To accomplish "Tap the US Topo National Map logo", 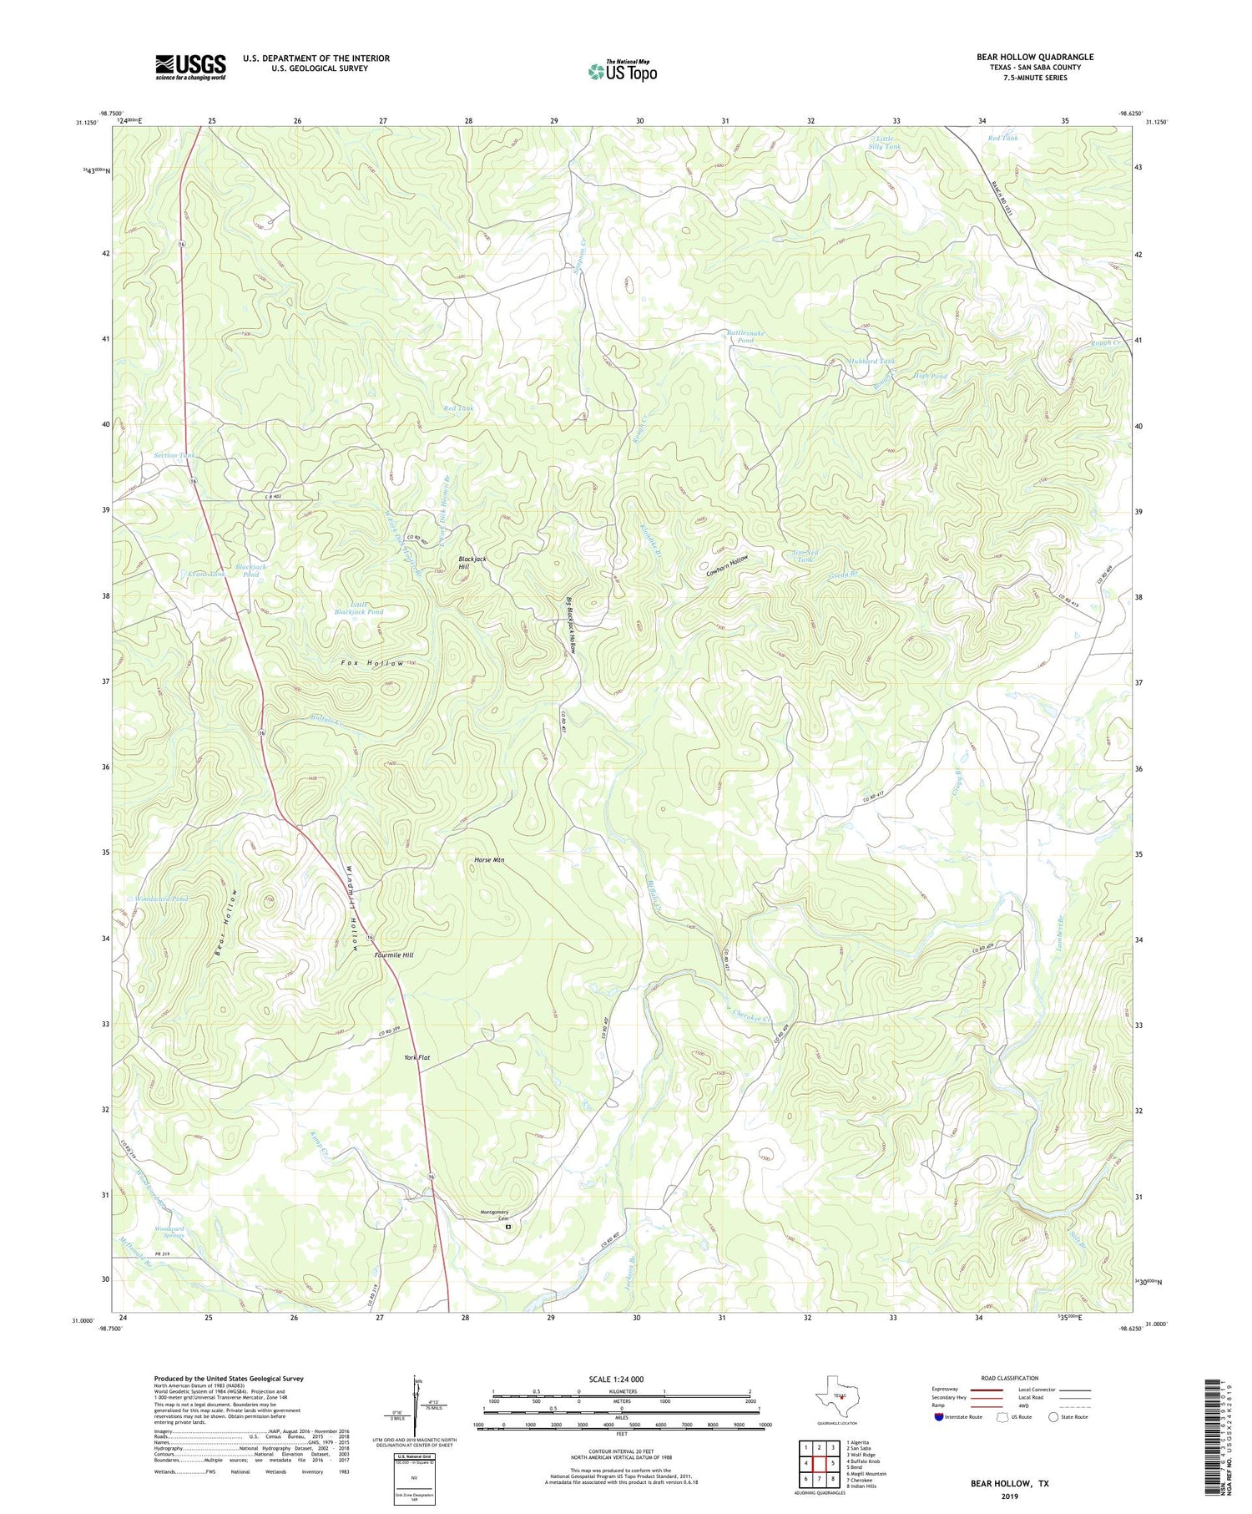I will pyautogui.click(x=622, y=71).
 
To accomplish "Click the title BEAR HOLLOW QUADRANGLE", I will pyautogui.click(x=1035, y=57).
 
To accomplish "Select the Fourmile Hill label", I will pyautogui.click(x=394, y=954).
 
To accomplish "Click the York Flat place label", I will pyautogui.click(x=416, y=1058).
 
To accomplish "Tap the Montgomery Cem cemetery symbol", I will pyautogui.click(x=508, y=1227).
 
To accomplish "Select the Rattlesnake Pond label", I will pyautogui.click(x=745, y=337).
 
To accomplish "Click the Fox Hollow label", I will pyautogui.click(x=373, y=663).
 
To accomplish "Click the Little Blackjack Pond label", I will pyautogui.click(x=358, y=608).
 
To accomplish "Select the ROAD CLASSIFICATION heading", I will pyautogui.click(x=1009, y=1378).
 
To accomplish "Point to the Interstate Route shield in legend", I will pyautogui.click(x=942, y=1416).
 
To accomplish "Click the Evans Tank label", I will pyautogui.click(x=207, y=575).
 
